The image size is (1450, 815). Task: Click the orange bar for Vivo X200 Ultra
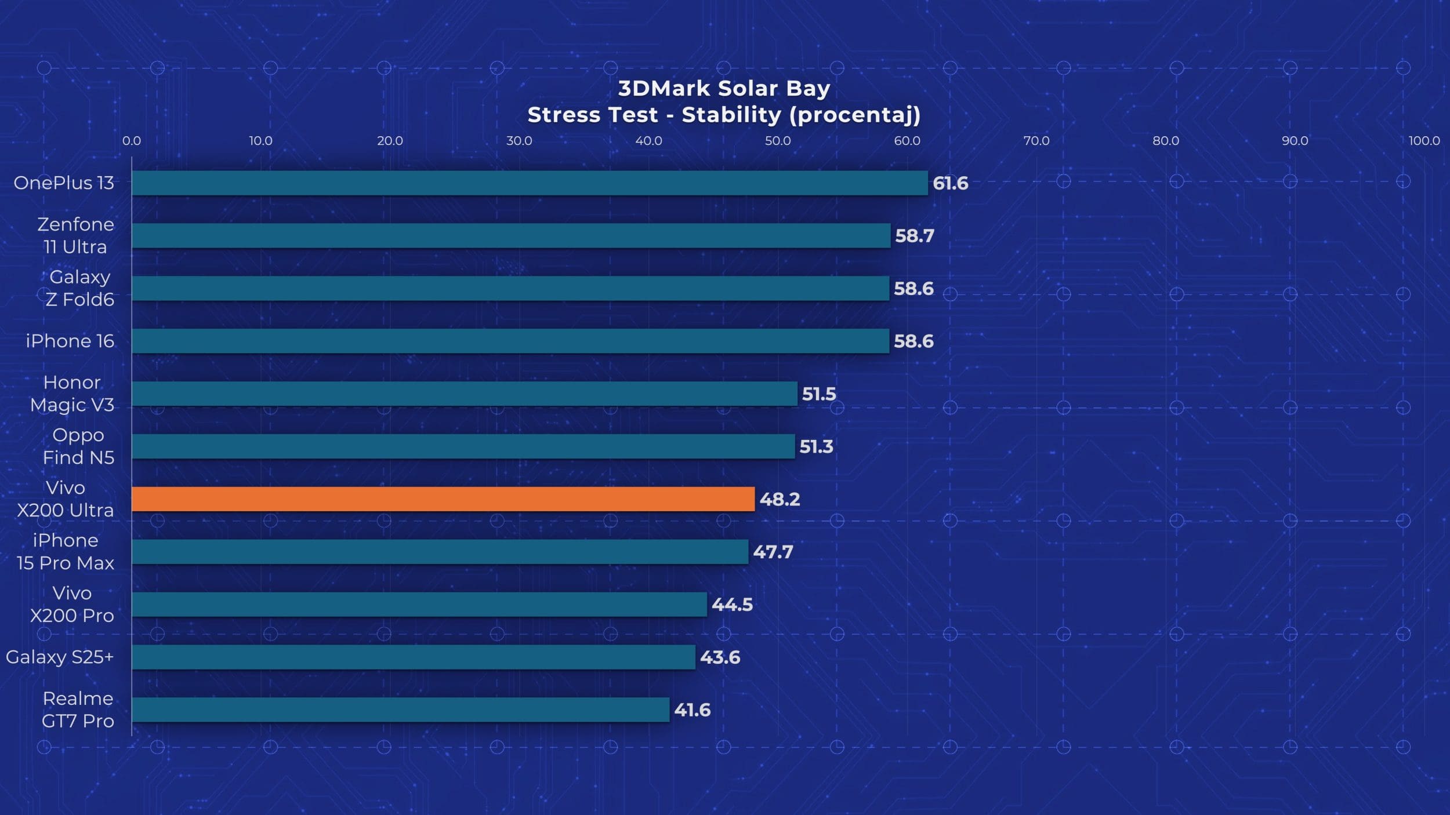[x=443, y=499]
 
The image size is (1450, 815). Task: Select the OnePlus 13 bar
[x=530, y=183]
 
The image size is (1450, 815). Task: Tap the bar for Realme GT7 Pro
[x=400, y=710]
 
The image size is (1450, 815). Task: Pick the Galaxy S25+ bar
[x=414, y=657]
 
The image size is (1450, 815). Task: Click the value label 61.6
[x=950, y=184]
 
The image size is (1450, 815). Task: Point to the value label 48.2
[x=780, y=500]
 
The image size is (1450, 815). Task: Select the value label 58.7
[x=915, y=236]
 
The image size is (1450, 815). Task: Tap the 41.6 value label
[x=692, y=710]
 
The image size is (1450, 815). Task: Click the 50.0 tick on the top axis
[x=777, y=141]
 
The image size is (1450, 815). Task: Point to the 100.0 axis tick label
[x=1424, y=141]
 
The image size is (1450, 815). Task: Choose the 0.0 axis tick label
[x=132, y=141]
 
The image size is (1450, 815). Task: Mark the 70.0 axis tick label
[x=1036, y=141]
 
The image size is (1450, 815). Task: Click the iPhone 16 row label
[x=70, y=341]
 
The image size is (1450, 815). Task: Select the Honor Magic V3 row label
[x=72, y=394]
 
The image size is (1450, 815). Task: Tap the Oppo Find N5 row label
[x=78, y=446]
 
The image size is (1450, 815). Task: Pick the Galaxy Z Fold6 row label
[x=80, y=288]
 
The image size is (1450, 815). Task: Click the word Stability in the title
[x=731, y=115]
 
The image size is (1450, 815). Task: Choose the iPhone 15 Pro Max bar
[x=440, y=552]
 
